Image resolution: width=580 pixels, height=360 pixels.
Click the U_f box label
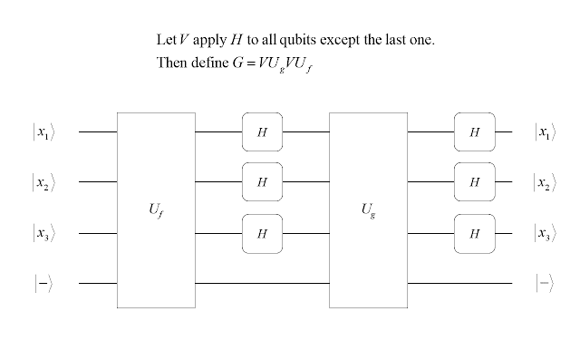tap(156, 211)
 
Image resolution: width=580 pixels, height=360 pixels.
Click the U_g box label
tap(367, 211)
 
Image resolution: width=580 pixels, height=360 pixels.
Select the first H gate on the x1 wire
tap(262, 131)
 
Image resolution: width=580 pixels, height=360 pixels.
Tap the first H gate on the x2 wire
tap(262, 181)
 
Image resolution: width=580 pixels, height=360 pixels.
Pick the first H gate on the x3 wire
tap(262, 233)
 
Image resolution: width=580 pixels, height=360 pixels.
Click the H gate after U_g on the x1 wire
tap(474, 131)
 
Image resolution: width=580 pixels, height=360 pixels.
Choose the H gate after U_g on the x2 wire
tap(474, 181)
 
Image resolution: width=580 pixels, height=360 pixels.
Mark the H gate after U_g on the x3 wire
tap(474, 233)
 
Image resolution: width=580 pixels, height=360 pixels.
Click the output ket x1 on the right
tap(544, 132)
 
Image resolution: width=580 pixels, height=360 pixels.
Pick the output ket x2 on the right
tap(544, 182)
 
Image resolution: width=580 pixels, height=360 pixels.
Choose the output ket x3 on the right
tap(544, 234)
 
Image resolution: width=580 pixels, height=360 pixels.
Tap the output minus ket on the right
tap(544, 284)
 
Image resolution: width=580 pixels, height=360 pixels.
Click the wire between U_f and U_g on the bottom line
tap(262, 284)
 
